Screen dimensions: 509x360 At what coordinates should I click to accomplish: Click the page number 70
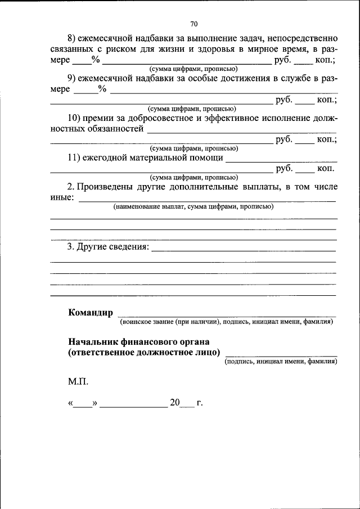click(x=193, y=24)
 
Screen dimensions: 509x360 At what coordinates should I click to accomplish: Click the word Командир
click(x=90, y=312)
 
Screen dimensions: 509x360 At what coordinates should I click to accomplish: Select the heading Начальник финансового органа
click(x=139, y=341)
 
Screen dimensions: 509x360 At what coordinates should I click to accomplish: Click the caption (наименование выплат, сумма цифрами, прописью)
click(x=193, y=206)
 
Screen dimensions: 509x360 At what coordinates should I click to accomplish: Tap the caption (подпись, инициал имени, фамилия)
click(x=281, y=362)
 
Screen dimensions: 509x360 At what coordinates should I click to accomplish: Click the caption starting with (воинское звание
click(x=225, y=322)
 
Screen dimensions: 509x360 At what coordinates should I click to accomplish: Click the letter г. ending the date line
click(x=199, y=403)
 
